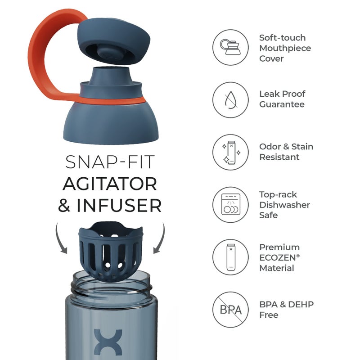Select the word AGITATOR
point(110,183)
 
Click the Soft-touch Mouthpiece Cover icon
point(230,48)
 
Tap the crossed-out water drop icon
point(230,99)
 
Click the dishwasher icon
point(230,205)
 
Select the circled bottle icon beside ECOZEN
point(230,257)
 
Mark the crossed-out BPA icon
point(230,310)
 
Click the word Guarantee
point(282,104)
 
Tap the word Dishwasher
point(284,205)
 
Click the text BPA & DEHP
point(286,304)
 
